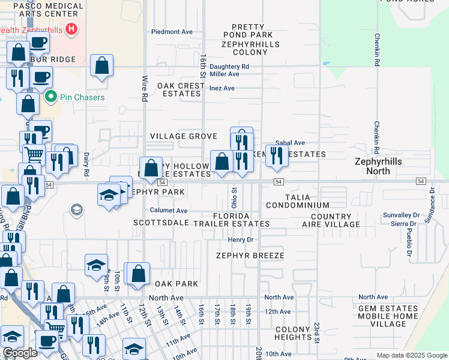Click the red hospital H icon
(x=71, y=29)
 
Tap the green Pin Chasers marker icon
(x=52, y=97)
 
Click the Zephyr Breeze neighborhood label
(x=250, y=255)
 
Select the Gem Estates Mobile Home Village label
(x=388, y=316)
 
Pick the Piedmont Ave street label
(x=172, y=32)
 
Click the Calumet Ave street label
(x=169, y=211)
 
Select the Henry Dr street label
(x=242, y=239)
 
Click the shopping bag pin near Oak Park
(x=138, y=274)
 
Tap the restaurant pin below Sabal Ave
(x=276, y=156)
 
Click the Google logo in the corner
(x=20, y=353)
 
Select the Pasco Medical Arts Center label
(x=48, y=9)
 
